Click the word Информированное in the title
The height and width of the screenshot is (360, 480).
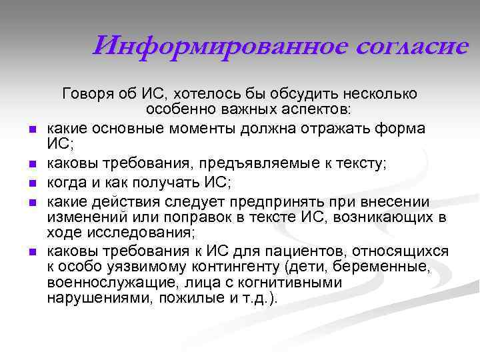211,47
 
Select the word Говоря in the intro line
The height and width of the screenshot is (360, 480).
85,93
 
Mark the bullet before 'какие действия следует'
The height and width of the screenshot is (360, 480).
33,201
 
